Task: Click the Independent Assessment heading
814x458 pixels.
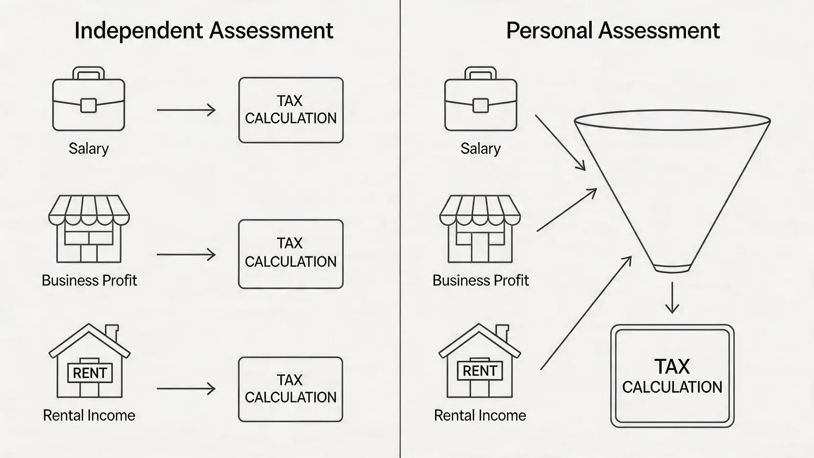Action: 203,30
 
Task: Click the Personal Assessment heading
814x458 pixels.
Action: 613,30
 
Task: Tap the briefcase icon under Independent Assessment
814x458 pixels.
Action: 88,100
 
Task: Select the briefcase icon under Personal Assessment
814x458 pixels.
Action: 480,100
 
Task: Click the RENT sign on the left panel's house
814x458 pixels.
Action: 89,373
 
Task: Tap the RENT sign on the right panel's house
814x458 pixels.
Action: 480,371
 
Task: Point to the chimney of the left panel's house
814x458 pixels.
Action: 112,332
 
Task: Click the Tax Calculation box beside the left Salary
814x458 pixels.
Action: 291,110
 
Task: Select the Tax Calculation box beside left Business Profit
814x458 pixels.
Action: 291,254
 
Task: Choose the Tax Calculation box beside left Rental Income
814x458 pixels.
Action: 291,389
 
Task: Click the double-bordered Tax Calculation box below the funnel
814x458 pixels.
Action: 672,376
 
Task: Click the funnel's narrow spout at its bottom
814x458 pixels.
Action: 672,268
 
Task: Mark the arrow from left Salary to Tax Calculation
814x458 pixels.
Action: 186,110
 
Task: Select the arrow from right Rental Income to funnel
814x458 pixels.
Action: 586,312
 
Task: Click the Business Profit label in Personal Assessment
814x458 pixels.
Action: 480,281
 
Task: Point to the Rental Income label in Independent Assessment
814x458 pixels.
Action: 89,415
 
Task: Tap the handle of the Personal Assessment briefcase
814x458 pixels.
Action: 480,72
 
